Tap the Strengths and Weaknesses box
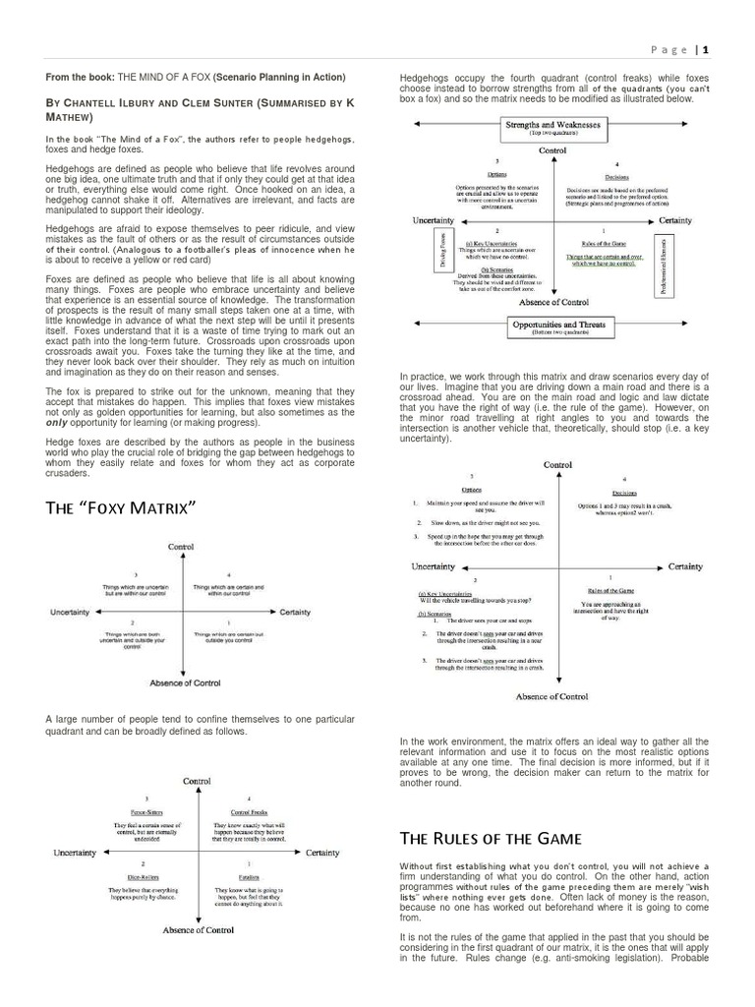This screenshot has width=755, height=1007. [x=554, y=128]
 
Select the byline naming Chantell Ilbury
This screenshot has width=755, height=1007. [x=197, y=108]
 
